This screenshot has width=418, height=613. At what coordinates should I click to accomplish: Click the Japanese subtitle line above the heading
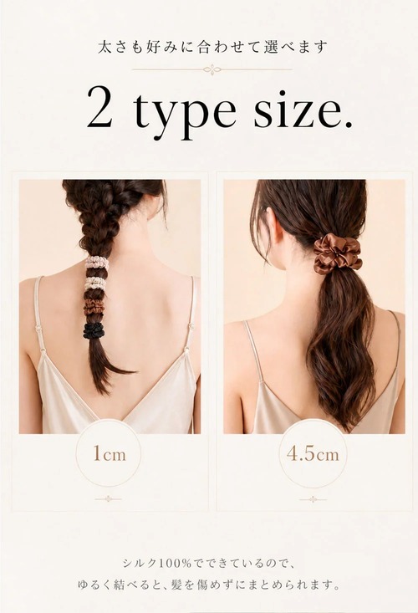(x=212, y=48)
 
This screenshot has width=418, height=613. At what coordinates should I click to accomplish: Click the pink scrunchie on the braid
(x=96, y=263)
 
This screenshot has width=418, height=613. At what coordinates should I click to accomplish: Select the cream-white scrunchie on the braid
(x=95, y=283)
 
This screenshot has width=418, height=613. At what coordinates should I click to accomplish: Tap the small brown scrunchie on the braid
(x=94, y=306)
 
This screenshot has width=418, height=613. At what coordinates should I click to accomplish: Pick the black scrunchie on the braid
(x=94, y=330)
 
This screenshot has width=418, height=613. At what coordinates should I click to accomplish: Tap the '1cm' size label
(x=110, y=454)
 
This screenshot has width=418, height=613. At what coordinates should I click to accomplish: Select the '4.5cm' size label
(x=313, y=454)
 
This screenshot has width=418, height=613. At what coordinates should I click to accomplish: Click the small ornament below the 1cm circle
(x=109, y=498)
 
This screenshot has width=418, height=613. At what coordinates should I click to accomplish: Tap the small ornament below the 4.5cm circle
(x=313, y=499)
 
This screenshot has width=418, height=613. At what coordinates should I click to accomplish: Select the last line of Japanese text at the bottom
(x=208, y=585)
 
